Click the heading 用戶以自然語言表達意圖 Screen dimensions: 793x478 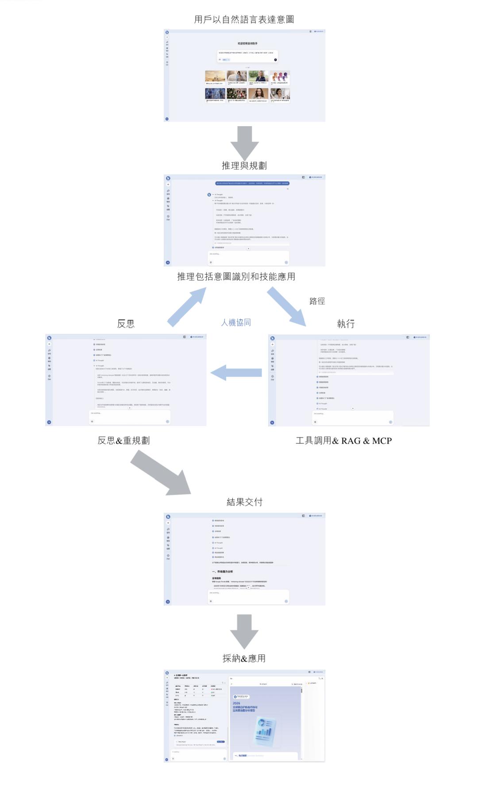click(244, 19)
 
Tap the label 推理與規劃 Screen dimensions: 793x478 click(244, 166)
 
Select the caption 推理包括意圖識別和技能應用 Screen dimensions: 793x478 click(236, 277)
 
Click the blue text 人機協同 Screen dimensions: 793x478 click(236, 322)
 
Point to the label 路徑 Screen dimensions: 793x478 click(317, 301)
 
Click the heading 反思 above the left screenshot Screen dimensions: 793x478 click(126, 324)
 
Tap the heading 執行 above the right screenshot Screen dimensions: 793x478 click(346, 324)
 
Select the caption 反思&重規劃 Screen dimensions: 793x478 click(123, 441)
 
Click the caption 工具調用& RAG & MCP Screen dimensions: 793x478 click(343, 441)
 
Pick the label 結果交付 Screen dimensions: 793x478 click(244, 502)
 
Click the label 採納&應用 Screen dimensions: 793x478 click(244, 658)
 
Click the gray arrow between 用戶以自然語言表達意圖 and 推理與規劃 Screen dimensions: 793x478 click(244, 142)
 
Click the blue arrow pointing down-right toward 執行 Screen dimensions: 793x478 click(287, 306)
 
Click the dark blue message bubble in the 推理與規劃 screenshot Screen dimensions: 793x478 click(252, 183)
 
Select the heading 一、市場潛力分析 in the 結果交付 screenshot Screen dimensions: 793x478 click(222, 572)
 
